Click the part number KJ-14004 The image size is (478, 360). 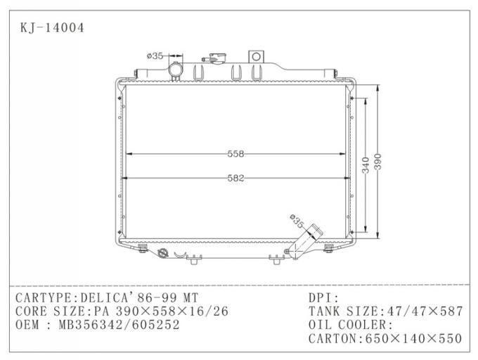53,28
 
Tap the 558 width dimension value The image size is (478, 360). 235,154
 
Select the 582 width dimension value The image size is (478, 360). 235,179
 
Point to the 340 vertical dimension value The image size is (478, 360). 366,165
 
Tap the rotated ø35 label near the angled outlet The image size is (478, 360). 297,222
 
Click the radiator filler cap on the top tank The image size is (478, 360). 212,58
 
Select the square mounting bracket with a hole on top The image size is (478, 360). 257,56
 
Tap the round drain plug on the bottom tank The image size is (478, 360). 162,251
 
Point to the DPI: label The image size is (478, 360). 324,298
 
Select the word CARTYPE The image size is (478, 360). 42,298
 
